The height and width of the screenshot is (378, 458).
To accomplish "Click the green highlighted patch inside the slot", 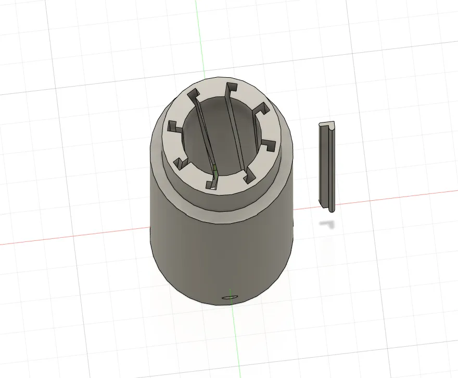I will coord(215,168).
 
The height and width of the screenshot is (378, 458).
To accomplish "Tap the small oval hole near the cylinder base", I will coord(229,297).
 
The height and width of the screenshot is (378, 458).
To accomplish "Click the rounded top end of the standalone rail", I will coord(326,126).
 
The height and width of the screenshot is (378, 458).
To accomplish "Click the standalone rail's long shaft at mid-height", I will coord(326,167).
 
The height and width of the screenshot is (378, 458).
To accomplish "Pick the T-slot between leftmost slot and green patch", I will coord(181,163).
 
